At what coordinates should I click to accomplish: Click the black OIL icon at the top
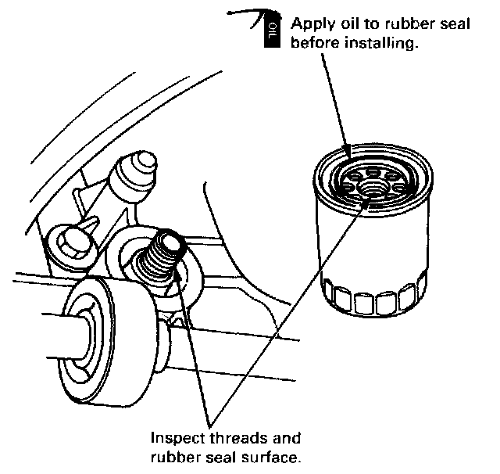tap(270, 32)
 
